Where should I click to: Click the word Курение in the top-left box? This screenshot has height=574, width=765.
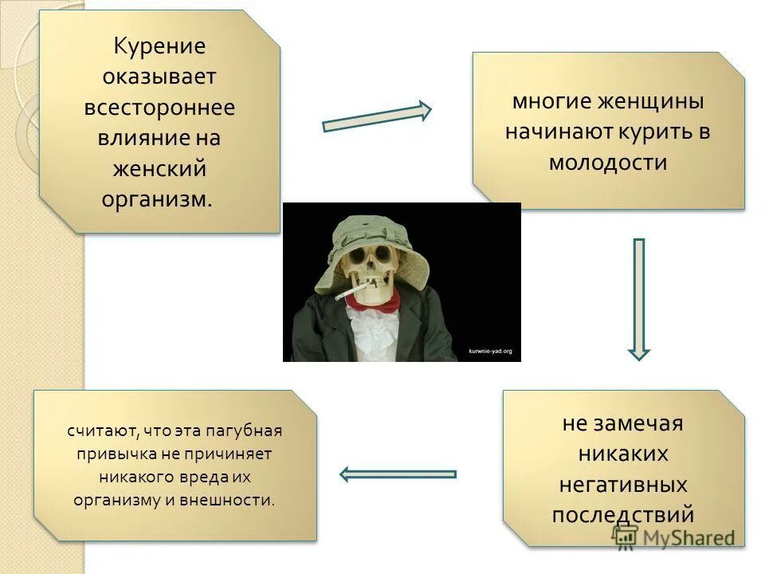click(159, 47)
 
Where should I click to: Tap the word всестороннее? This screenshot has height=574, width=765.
click(159, 108)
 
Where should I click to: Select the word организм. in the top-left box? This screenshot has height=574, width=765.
click(158, 199)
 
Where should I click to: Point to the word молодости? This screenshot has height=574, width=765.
click(608, 163)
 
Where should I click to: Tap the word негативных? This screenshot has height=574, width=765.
click(623, 484)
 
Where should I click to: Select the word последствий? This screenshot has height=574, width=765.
click(623, 514)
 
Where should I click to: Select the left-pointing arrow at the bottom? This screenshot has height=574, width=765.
click(398, 474)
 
